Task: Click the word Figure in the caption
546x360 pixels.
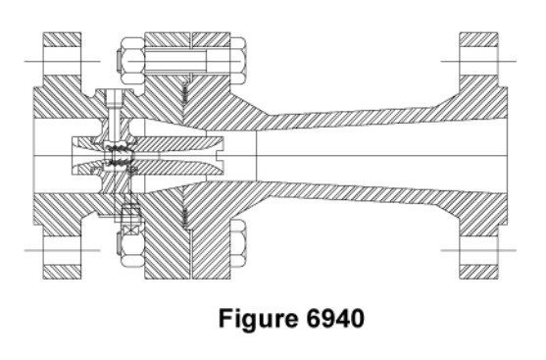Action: pos(258,319)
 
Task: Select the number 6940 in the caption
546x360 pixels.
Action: pos(335,318)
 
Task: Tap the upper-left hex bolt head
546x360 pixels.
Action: pos(130,61)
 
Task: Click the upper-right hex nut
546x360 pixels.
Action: pos(238,61)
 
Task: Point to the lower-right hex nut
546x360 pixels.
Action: pos(238,243)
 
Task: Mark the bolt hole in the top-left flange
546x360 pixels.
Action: pos(62,62)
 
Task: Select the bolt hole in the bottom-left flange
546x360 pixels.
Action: pos(62,250)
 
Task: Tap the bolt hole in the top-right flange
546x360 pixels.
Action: pos(478,62)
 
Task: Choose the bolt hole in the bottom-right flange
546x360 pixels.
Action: pos(478,250)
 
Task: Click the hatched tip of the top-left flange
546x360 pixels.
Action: pos(62,40)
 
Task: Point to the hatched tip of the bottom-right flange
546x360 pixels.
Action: pos(478,272)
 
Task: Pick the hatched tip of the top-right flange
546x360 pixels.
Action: pos(478,40)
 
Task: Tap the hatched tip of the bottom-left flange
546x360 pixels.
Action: pos(62,272)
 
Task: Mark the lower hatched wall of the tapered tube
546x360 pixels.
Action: pos(348,192)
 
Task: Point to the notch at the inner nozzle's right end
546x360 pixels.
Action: pos(220,155)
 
